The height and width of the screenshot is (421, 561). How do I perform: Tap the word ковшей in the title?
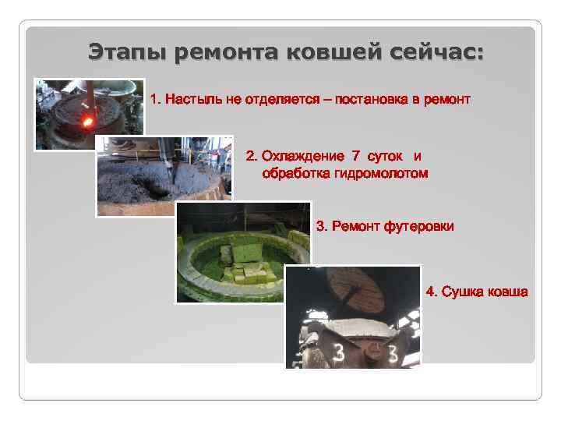[x=328, y=54]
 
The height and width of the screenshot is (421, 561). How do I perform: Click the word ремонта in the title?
[x=227, y=54]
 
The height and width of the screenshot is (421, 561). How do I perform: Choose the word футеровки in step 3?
[x=418, y=227]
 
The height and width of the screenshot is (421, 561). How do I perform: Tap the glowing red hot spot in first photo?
[x=86, y=122]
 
